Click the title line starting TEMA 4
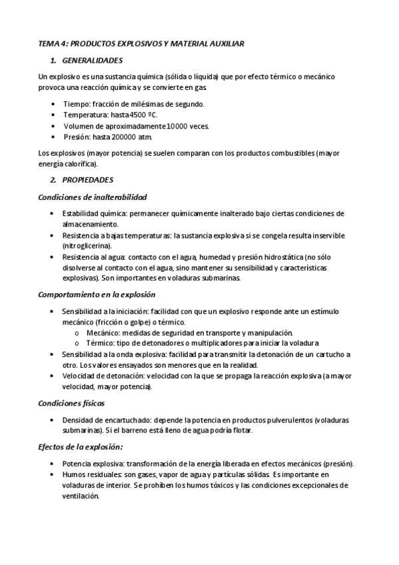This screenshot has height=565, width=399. (141, 43)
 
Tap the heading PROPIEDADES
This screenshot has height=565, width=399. (88, 180)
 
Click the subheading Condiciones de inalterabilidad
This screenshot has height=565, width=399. (93, 197)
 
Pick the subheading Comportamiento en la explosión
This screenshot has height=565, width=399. (97, 294)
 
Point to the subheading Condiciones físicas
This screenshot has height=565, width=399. (71, 403)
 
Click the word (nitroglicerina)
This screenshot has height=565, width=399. (87, 246)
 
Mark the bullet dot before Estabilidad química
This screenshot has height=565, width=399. (53, 214)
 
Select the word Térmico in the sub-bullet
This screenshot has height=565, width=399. (99, 342)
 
